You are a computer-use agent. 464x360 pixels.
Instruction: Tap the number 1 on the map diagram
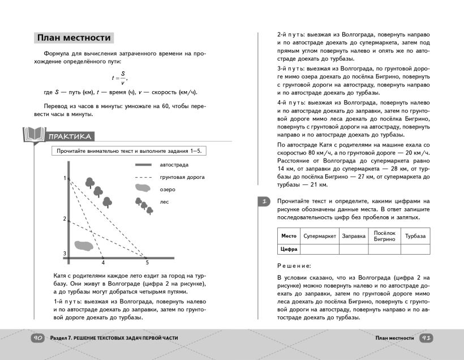pyautogui.click(x=65, y=178)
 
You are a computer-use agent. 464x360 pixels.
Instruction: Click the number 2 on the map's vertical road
pyautogui.click(x=65, y=218)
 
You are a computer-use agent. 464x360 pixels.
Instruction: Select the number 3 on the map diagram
pyautogui.click(x=65, y=253)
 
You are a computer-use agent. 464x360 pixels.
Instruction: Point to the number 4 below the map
pyautogui.click(x=103, y=263)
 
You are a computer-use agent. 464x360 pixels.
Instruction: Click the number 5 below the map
pyautogui.click(x=147, y=263)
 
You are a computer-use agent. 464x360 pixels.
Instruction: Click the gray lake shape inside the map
pyautogui.click(x=83, y=245)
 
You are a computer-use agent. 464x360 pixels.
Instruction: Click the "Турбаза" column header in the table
pyautogui.click(x=415, y=236)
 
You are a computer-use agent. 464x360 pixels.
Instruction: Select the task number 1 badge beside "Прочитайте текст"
pyautogui.click(x=264, y=202)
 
